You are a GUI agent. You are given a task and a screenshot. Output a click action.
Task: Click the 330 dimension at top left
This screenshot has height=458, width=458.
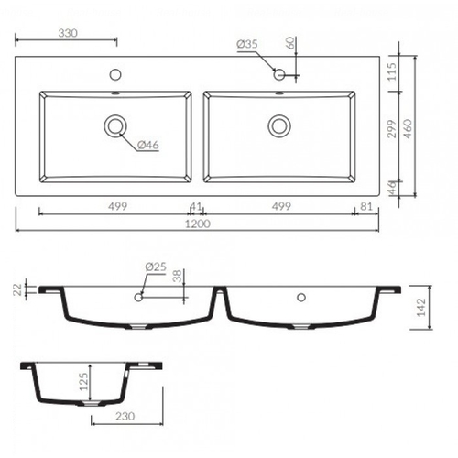pos(68,33)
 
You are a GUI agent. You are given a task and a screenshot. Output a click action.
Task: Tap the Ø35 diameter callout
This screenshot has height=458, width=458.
pos(247,44)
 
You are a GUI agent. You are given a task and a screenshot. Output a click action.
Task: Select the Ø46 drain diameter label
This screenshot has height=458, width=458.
pos(148,145)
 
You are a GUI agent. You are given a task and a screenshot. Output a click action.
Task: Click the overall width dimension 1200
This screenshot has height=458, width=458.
pos(198,224)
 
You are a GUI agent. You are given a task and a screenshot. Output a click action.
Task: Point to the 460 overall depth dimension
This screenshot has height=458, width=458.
pos(408,128)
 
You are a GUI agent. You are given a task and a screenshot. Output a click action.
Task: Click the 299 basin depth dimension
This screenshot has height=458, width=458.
pos(392,128)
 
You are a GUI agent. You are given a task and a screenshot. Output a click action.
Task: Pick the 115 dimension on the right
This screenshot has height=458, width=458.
pos(392,71)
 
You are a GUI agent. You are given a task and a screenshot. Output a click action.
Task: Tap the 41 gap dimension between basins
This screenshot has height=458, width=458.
pos(195,207)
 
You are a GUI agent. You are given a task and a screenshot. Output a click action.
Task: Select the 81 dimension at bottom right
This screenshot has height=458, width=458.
pos(366,207)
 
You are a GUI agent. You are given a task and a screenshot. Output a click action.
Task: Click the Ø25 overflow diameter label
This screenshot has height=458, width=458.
pos(156,267)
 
